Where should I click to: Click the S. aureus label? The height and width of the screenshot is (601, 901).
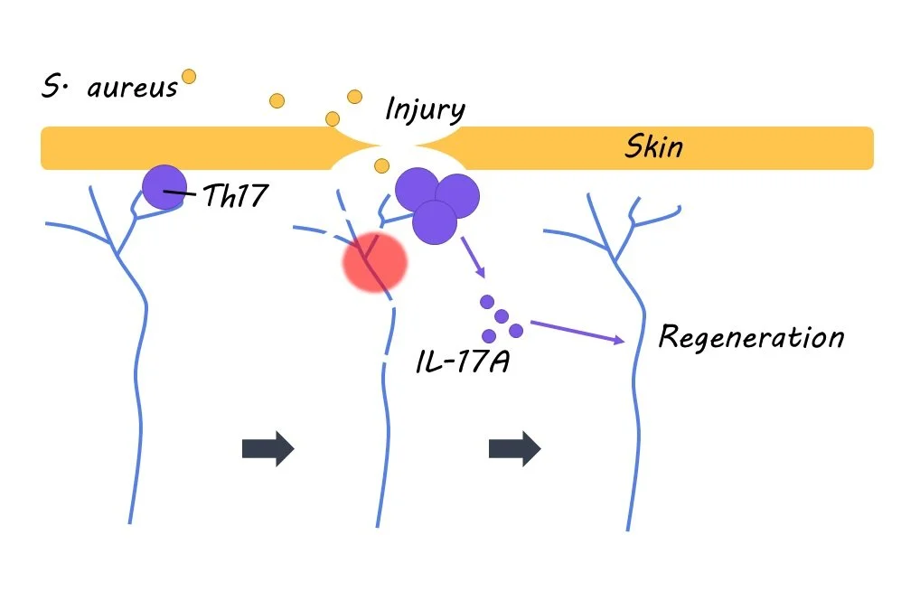click(x=109, y=89)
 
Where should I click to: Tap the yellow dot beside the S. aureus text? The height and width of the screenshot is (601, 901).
click(x=189, y=77)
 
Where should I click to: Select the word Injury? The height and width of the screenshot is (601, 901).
click(x=425, y=110)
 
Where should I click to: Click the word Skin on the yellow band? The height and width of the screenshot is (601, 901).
click(x=653, y=147)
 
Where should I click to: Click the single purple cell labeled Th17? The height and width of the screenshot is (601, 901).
click(x=164, y=187)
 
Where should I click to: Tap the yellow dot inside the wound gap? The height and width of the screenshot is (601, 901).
click(x=381, y=165)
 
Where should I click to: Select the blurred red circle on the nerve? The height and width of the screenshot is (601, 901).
click(x=374, y=261)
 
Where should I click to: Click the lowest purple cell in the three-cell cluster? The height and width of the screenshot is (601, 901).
click(x=435, y=222)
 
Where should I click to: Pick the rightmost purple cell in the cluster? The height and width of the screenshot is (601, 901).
click(x=457, y=196)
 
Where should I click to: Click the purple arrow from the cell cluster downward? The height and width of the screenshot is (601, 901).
click(x=473, y=258)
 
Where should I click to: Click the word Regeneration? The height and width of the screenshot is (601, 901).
click(x=751, y=337)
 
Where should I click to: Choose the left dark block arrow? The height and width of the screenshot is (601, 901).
click(x=268, y=448)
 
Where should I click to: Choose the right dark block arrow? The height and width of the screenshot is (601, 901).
click(x=514, y=448)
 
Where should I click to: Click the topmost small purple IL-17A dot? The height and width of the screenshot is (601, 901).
click(x=487, y=302)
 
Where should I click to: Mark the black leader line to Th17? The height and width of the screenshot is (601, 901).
click(x=181, y=193)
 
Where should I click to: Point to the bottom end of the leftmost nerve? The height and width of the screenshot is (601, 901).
click(x=130, y=521)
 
